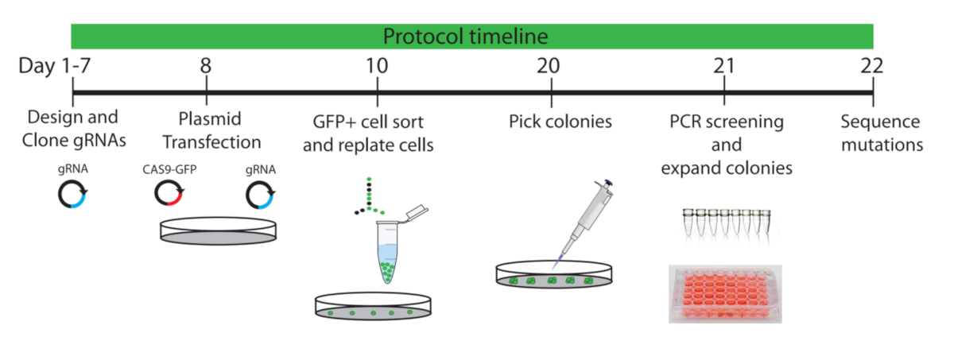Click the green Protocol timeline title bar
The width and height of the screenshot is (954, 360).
point(472,37)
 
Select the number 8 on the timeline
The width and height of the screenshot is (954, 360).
point(206,66)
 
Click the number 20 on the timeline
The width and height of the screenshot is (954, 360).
point(551,66)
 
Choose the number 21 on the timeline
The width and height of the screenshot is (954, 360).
point(723,66)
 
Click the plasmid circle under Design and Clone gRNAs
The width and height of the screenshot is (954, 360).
point(72,195)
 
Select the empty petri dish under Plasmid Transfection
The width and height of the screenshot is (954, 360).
point(215,229)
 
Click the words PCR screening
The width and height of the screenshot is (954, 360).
point(727,122)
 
